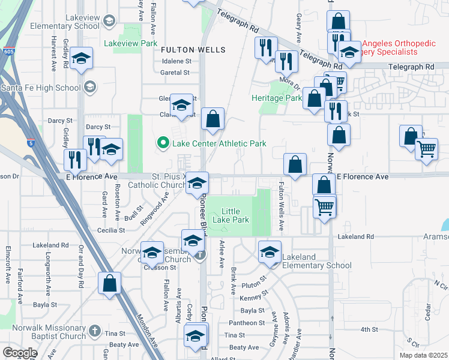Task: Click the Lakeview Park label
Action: click(130, 43)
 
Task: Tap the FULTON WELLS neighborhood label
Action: click(193, 49)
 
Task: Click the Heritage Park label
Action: click(276, 98)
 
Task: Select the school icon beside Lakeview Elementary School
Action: click(109, 22)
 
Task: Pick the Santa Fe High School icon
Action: click(89, 88)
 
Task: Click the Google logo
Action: click(20, 352)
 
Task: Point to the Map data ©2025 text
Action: click(423, 355)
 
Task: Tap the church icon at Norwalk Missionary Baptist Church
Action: click(94, 331)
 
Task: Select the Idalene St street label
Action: click(175, 61)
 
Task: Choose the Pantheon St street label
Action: click(244, 323)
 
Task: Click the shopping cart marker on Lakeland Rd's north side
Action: click(325, 207)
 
